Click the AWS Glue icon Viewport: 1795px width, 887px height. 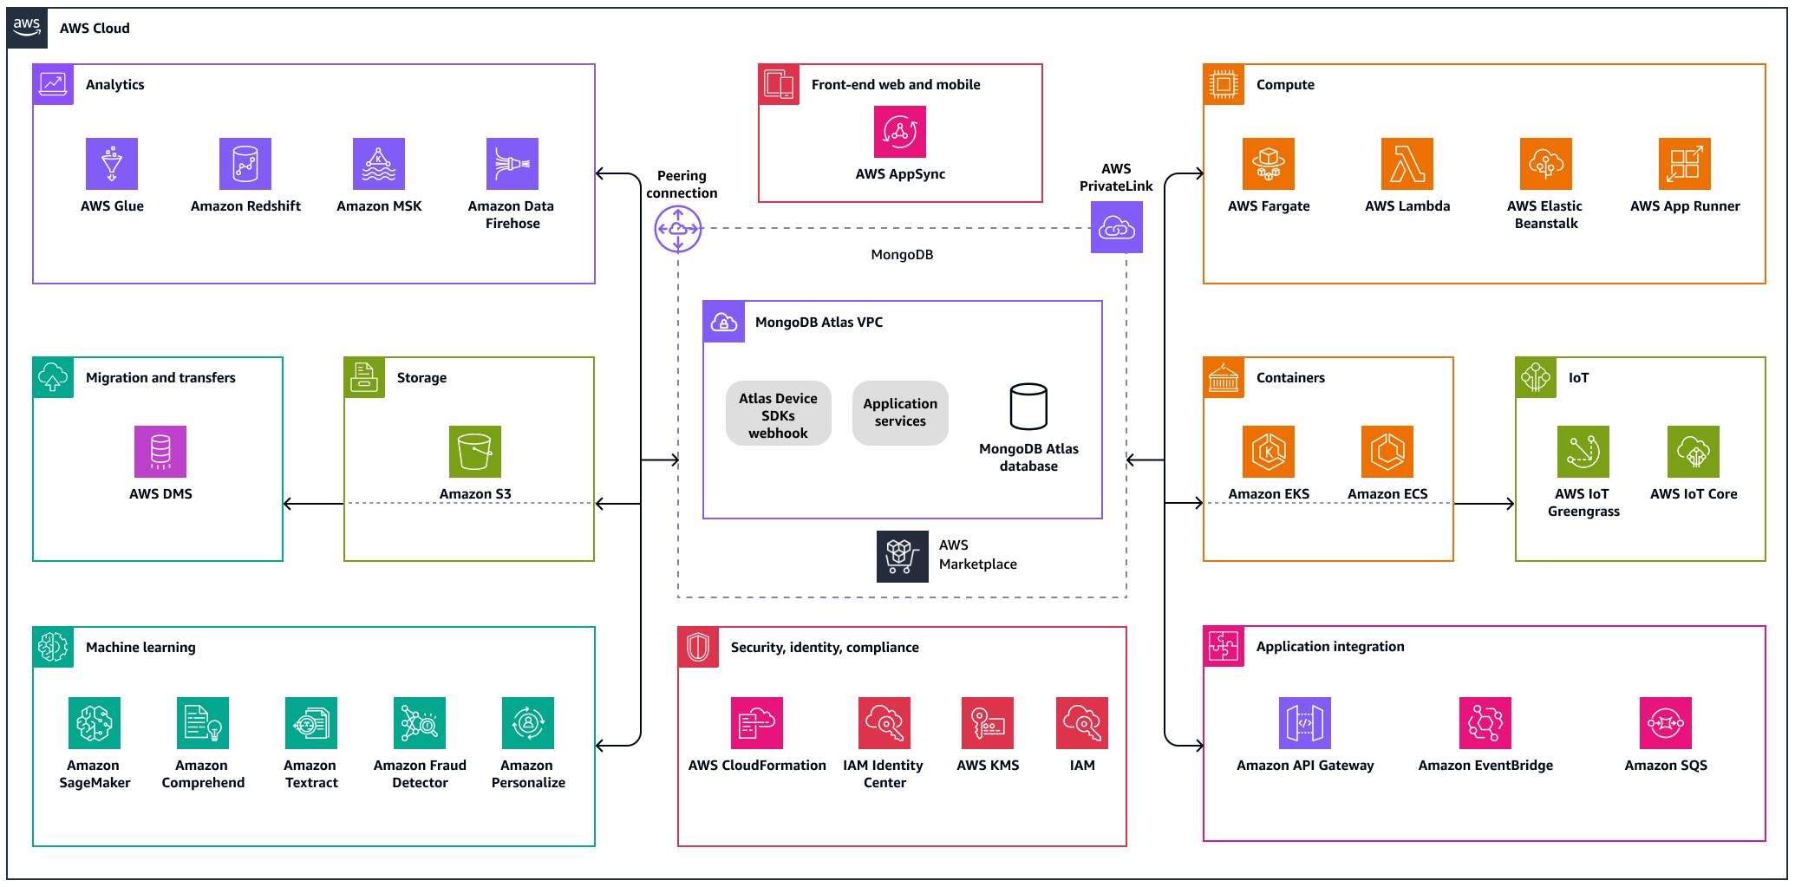click(112, 164)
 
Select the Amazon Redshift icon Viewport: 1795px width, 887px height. click(245, 164)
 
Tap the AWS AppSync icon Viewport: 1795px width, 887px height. click(900, 132)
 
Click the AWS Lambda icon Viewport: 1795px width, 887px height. click(1407, 164)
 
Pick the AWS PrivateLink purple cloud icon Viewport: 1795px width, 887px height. click(1117, 227)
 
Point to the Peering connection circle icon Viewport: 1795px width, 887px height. click(678, 229)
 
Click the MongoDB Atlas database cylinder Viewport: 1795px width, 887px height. click(1028, 407)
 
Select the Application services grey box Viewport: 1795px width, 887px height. click(900, 413)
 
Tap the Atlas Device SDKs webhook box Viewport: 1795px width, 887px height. click(778, 414)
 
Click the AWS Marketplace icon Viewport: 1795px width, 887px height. click(902, 556)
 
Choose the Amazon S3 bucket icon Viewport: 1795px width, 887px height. click(475, 452)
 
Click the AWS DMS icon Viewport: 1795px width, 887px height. click(160, 452)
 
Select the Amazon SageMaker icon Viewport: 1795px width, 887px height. click(95, 723)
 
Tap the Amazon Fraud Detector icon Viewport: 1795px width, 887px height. click(420, 723)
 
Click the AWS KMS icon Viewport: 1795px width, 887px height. click(988, 723)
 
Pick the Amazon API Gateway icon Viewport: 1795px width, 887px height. click(1305, 723)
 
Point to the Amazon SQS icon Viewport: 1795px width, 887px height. click(1666, 723)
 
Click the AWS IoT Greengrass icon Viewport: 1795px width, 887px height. click(1583, 452)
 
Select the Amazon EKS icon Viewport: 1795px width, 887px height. click(1269, 452)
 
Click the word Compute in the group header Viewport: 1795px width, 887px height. click(1285, 85)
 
